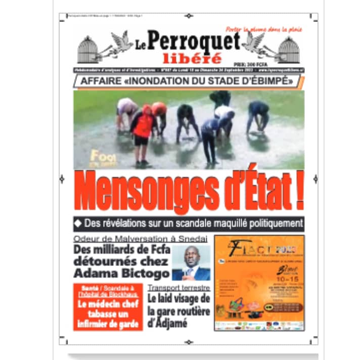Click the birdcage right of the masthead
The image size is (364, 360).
point(289,50)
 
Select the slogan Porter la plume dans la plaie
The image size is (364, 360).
point(264,29)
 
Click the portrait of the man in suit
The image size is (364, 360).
point(191,263)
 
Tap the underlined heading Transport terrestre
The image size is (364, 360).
point(176,287)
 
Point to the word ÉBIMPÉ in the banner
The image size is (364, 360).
point(268,81)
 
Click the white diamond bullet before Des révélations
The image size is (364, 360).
point(78,223)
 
